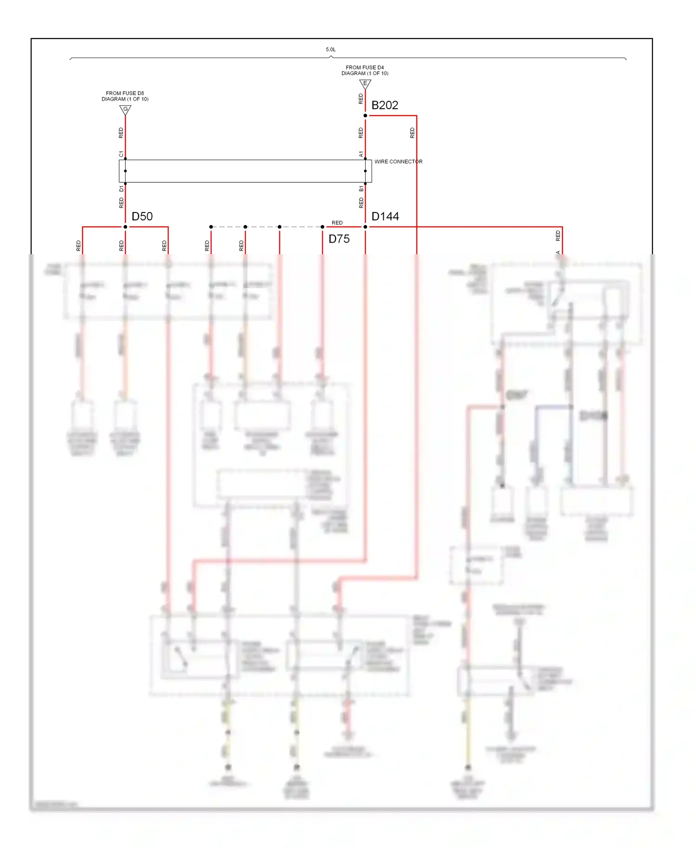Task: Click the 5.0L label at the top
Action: pyautogui.click(x=330, y=49)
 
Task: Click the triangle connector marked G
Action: pyautogui.click(x=125, y=109)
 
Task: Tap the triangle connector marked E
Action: pyautogui.click(x=365, y=84)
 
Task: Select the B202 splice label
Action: pyautogui.click(x=385, y=105)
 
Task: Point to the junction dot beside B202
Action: pyautogui.click(x=365, y=116)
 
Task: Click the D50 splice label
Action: pyautogui.click(x=142, y=217)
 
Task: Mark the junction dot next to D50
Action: pyautogui.click(x=125, y=227)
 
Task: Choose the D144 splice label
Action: pyautogui.click(x=385, y=217)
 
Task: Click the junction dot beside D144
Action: pyautogui.click(x=365, y=227)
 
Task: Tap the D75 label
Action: pyautogui.click(x=339, y=239)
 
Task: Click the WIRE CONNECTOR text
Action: pyautogui.click(x=398, y=161)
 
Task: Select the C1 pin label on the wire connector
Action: pyautogui.click(x=121, y=154)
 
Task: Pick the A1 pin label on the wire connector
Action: pyautogui.click(x=361, y=154)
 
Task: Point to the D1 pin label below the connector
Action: pyautogui.click(x=121, y=189)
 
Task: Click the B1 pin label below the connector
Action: pyautogui.click(x=361, y=189)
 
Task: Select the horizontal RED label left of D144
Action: pyautogui.click(x=337, y=223)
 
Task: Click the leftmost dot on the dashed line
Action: pyautogui.click(x=211, y=227)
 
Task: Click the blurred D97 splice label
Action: pyautogui.click(x=516, y=395)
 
